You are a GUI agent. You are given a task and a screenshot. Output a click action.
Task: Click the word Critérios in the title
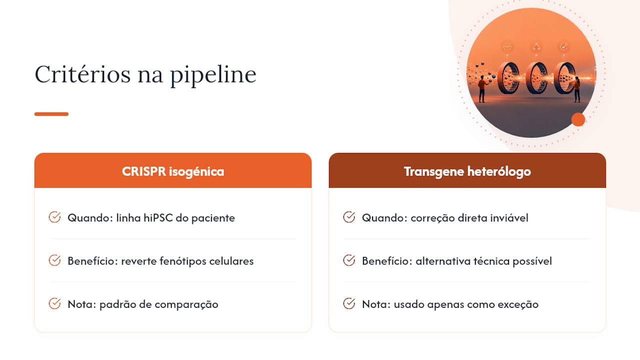click(x=82, y=74)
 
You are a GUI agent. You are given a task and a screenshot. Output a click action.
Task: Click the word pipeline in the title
click(x=213, y=76)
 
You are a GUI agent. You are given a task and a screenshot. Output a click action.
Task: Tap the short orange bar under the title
click(x=51, y=114)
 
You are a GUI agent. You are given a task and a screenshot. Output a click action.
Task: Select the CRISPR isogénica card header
click(x=173, y=170)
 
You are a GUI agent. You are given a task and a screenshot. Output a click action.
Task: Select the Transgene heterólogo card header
click(x=467, y=170)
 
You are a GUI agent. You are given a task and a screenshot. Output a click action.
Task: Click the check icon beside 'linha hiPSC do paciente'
click(x=54, y=217)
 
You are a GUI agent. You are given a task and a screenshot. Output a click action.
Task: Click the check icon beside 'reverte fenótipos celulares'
click(x=54, y=260)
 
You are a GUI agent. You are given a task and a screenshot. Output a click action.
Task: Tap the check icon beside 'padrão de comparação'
click(x=54, y=303)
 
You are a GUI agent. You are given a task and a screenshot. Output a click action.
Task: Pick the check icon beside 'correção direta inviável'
click(x=349, y=217)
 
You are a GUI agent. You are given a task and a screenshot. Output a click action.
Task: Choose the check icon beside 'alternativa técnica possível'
click(x=349, y=260)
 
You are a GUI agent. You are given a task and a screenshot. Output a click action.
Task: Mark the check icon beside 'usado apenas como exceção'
click(x=349, y=303)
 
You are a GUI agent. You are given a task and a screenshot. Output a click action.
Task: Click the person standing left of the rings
click(x=482, y=88)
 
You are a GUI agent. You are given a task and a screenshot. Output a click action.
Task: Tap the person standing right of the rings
click(x=577, y=89)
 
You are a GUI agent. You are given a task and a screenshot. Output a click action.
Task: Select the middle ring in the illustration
click(x=537, y=78)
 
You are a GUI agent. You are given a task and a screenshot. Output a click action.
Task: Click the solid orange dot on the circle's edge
click(x=578, y=119)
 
